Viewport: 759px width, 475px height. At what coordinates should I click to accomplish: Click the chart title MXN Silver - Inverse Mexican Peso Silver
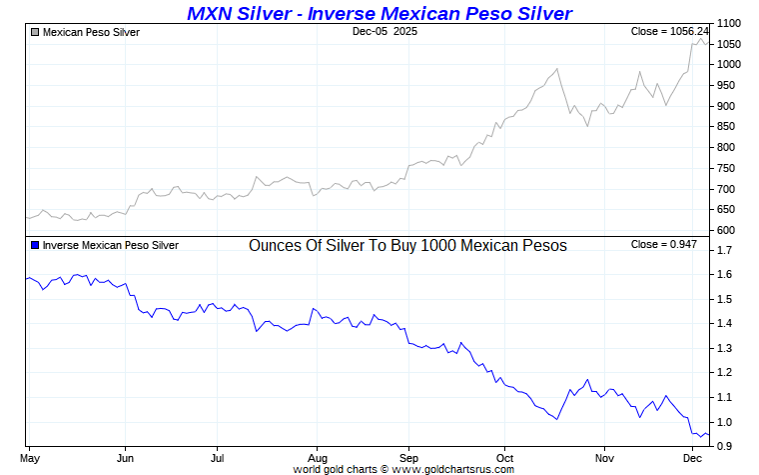(379, 13)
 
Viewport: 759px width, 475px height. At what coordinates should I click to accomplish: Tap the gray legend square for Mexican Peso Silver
(36, 32)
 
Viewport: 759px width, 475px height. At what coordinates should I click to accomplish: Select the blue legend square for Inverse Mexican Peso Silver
(36, 245)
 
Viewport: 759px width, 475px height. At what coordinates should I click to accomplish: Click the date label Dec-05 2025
(384, 32)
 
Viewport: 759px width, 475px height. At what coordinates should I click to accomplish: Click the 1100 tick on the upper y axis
(729, 23)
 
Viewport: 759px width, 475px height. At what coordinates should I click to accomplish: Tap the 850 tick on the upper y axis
(726, 127)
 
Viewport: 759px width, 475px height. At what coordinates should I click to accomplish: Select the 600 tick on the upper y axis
(726, 231)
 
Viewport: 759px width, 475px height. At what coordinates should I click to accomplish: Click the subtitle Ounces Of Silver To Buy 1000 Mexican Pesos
(407, 245)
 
